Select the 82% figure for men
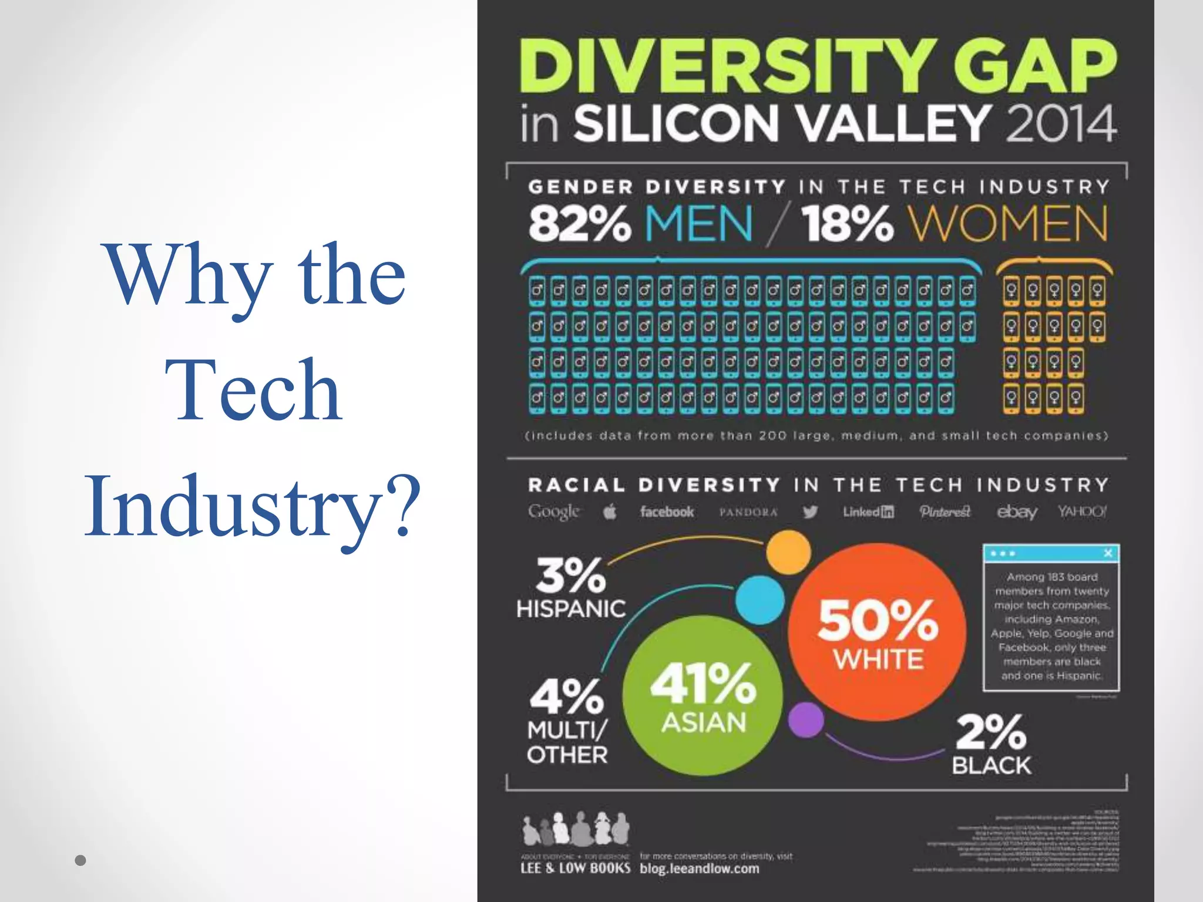[x=579, y=224]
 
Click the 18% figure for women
[x=847, y=224]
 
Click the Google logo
[x=553, y=512]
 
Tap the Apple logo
[x=610, y=512]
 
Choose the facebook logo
[x=667, y=512]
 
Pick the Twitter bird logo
[x=810, y=512]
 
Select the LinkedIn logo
[x=868, y=512]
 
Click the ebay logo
[x=1016, y=512]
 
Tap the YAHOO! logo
[x=1082, y=511]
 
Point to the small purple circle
[x=805, y=720]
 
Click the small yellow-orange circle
[x=788, y=552]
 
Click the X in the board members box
[x=1108, y=553]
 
